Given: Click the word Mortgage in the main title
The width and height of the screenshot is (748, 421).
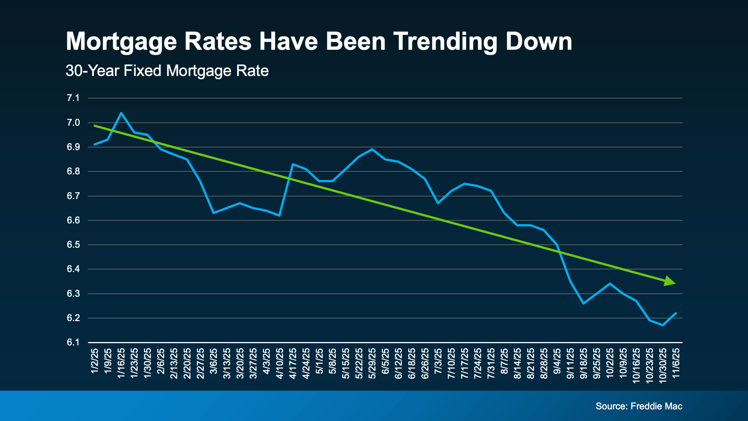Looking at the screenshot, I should (x=121, y=42).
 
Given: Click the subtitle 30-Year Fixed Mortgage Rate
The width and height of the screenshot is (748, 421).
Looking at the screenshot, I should (x=167, y=71).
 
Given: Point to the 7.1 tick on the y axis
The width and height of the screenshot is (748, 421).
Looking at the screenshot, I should (x=73, y=98).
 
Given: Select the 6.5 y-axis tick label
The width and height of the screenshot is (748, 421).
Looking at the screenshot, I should (x=73, y=245).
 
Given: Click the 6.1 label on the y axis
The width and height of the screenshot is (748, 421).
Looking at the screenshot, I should (x=73, y=342).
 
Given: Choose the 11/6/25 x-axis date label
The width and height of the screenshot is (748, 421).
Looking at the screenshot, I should (x=676, y=363).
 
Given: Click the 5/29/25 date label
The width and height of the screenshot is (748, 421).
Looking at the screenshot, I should (x=372, y=363).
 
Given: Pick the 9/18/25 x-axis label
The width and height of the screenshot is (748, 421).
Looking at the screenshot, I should (x=583, y=363).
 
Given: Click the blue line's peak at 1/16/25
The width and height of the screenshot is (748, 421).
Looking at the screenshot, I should (x=121, y=113).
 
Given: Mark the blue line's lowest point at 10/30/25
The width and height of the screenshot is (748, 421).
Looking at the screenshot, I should (x=662, y=325).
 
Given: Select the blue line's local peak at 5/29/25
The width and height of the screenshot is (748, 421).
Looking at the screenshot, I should (x=372, y=149).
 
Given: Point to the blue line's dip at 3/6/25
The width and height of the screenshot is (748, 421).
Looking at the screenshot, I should (x=213, y=213).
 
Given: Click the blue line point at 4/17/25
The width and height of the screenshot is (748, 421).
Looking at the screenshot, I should (x=292, y=164).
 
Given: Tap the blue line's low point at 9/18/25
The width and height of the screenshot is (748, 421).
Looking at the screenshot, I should (x=583, y=303).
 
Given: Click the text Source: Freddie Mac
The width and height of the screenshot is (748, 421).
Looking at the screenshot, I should (x=639, y=406).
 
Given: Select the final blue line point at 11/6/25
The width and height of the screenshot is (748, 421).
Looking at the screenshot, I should (x=676, y=313).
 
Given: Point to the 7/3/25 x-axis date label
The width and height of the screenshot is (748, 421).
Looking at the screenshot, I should (x=438, y=363).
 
